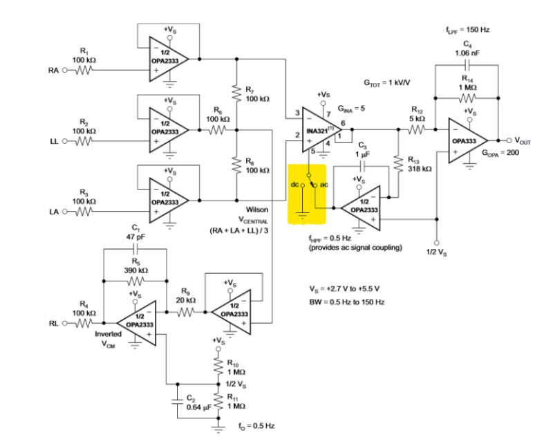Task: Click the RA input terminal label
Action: [x=53, y=70]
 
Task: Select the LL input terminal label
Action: [x=53, y=141]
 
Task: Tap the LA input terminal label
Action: [x=53, y=212]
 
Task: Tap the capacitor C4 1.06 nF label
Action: [x=466, y=48]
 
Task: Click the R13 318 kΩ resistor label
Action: [x=418, y=163]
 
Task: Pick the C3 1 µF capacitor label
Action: [x=362, y=149]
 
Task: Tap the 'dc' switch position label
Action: [x=294, y=185]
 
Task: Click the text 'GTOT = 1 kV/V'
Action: [x=387, y=82]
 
